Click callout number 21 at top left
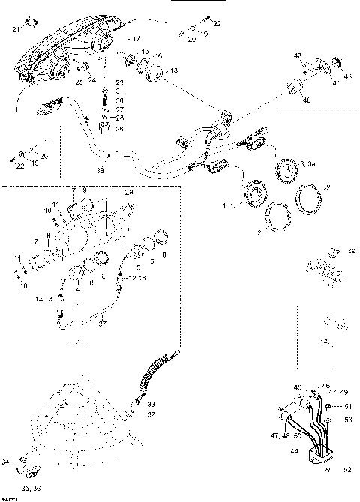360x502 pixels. pos(16,29)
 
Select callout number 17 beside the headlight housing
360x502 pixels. pos(135,37)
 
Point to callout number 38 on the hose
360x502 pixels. pos(100,170)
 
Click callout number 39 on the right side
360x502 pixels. pos(352,251)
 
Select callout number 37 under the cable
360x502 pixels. pos(102,323)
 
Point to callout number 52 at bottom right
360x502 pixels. pos(346,470)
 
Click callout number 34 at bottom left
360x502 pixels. pos(6,462)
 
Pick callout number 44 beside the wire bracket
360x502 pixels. pos(292,452)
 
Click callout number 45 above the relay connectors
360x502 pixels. pos(297,387)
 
